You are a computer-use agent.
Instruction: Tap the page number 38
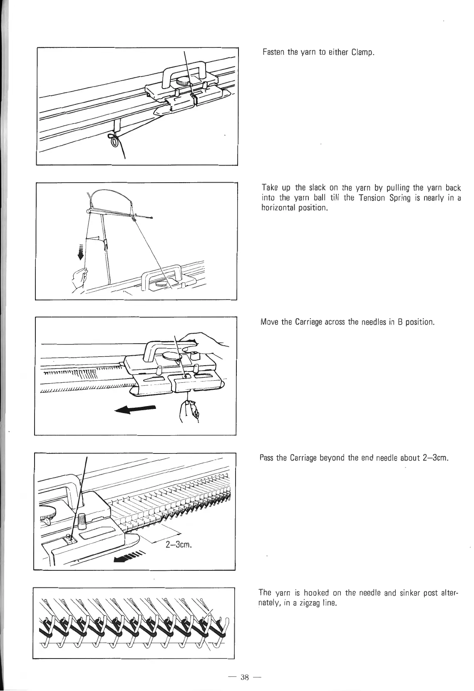point(244,677)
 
